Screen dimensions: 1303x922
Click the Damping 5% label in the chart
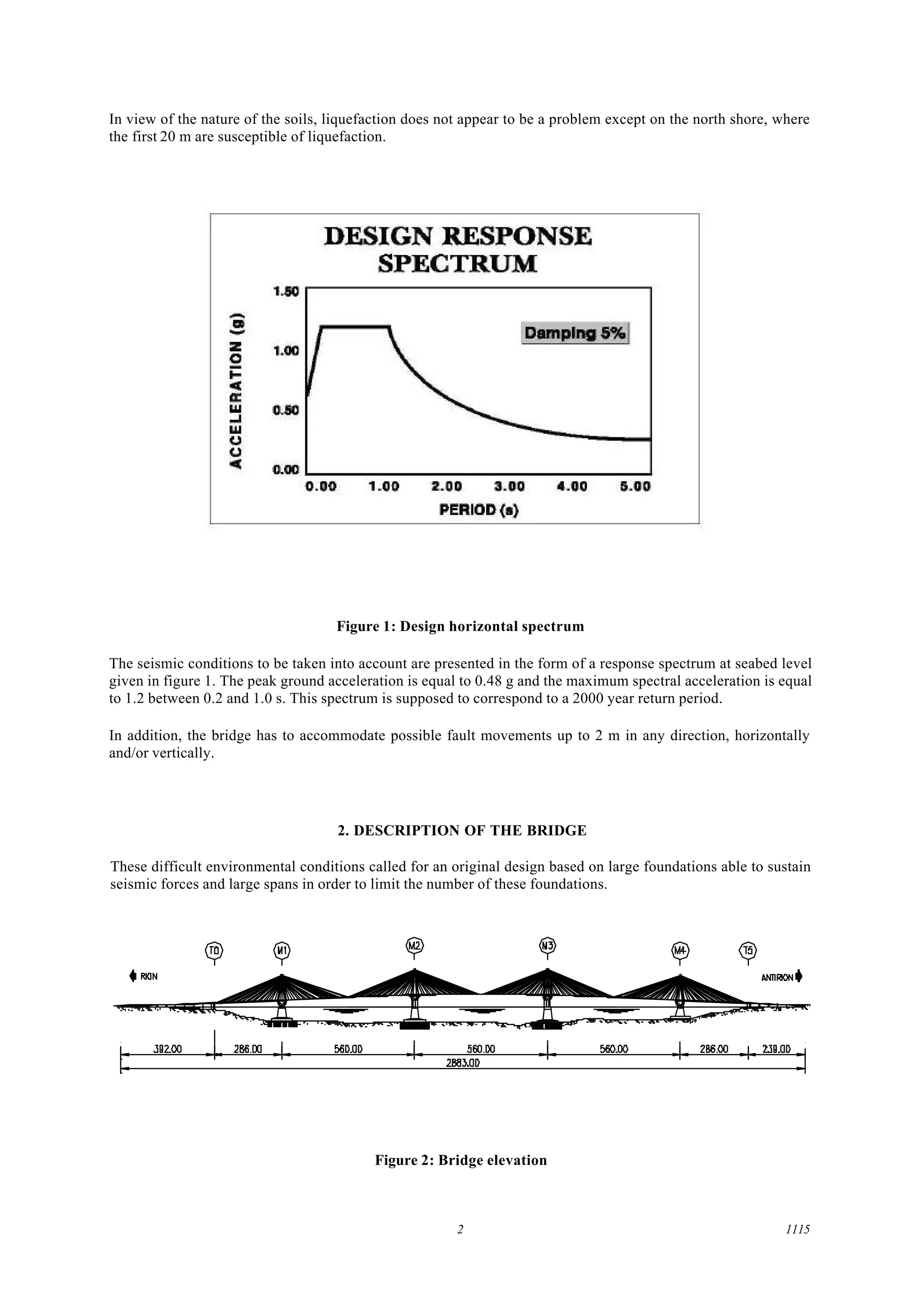click(x=574, y=333)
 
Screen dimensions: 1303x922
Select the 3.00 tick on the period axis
click(x=509, y=487)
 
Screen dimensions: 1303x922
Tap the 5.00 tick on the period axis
click(x=635, y=487)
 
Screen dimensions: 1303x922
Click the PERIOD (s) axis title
click(x=479, y=509)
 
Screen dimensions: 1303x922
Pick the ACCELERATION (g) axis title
click(x=237, y=391)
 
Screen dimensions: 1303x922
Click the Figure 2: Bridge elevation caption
click(x=461, y=1160)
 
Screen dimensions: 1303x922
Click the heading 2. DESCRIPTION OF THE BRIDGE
click(x=461, y=831)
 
